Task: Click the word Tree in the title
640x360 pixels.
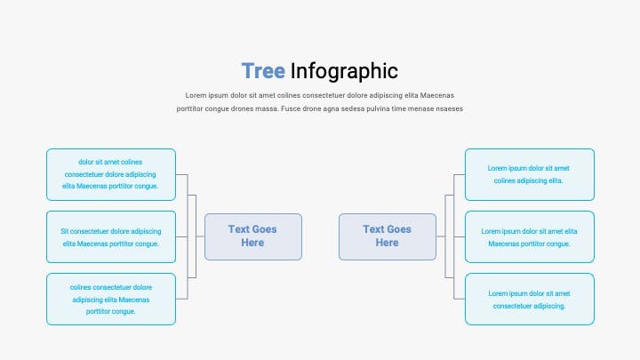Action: [x=263, y=71]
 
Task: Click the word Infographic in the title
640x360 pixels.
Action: [x=344, y=72]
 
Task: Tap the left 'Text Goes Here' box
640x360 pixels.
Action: [x=253, y=236]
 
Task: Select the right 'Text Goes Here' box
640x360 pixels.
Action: [x=388, y=236]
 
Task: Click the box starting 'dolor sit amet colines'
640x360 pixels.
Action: [x=111, y=175]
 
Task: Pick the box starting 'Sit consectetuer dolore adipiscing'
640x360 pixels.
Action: [x=111, y=236]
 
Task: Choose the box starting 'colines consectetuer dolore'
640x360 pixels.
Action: [x=111, y=300]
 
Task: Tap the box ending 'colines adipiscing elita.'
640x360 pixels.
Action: [x=530, y=175]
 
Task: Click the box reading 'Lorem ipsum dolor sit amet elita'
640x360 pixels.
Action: [x=530, y=236]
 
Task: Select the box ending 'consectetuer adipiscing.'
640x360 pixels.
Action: [x=530, y=300]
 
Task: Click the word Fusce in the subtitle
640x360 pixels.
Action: [x=291, y=109]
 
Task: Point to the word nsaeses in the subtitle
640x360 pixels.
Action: [x=450, y=109]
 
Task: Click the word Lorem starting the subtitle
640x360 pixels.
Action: [x=196, y=95]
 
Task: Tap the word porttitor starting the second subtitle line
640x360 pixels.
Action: [x=189, y=109]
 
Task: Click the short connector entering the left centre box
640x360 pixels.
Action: [x=200, y=236]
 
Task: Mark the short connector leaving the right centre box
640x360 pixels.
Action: [x=441, y=236]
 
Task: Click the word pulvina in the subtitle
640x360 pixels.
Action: [x=378, y=109]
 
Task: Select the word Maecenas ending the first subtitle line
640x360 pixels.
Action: [x=436, y=95]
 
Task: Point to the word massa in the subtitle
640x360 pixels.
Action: [x=267, y=109]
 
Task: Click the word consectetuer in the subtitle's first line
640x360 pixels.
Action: [x=324, y=95]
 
